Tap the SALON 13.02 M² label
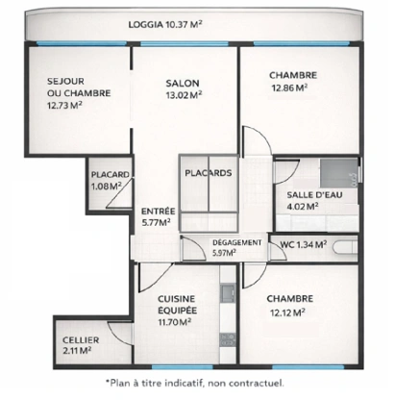click(x=182, y=89)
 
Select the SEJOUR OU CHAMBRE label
click(x=64, y=92)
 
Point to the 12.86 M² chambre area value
click(x=287, y=87)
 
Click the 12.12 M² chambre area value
click(x=286, y=312)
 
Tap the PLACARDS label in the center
click(x=207, y=174)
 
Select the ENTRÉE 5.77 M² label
click(x=157, y=216)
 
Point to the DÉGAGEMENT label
click(x=235, y=242)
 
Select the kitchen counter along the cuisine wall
click(x=227, y=317)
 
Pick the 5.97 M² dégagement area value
click(x=223, y=253)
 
